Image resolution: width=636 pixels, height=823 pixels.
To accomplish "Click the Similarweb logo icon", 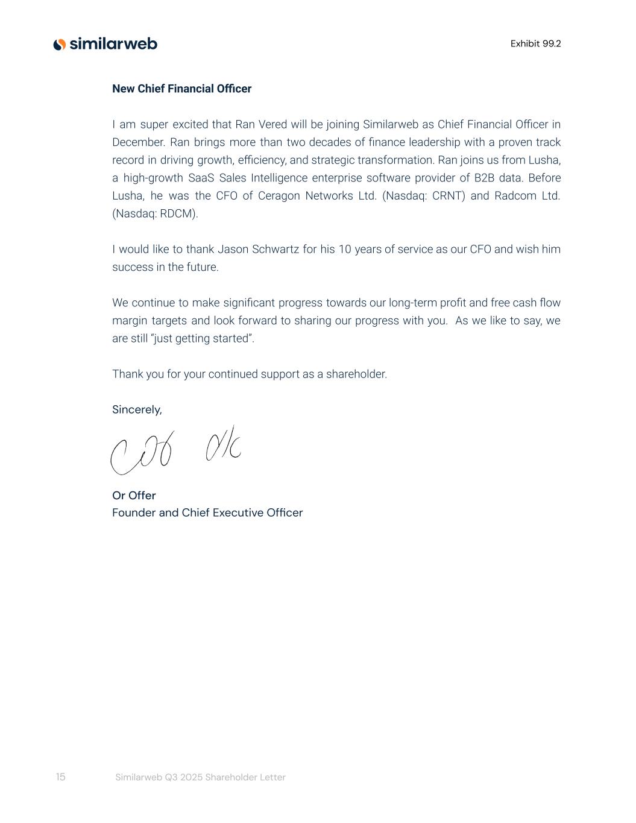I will pos(59,44).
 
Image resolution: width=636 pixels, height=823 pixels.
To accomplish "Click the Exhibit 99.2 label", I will pos(535,43).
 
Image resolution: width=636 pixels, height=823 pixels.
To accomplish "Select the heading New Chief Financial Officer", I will pos(181,89).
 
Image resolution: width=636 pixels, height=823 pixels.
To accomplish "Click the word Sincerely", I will pos(137,410).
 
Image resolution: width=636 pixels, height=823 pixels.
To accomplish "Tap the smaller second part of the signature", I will pos(223,446).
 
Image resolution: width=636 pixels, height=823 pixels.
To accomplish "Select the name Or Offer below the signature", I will pos(134,496).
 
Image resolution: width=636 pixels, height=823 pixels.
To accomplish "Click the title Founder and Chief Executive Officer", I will pos(207,512).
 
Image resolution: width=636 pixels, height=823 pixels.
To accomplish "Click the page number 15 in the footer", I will pos(60,777).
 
